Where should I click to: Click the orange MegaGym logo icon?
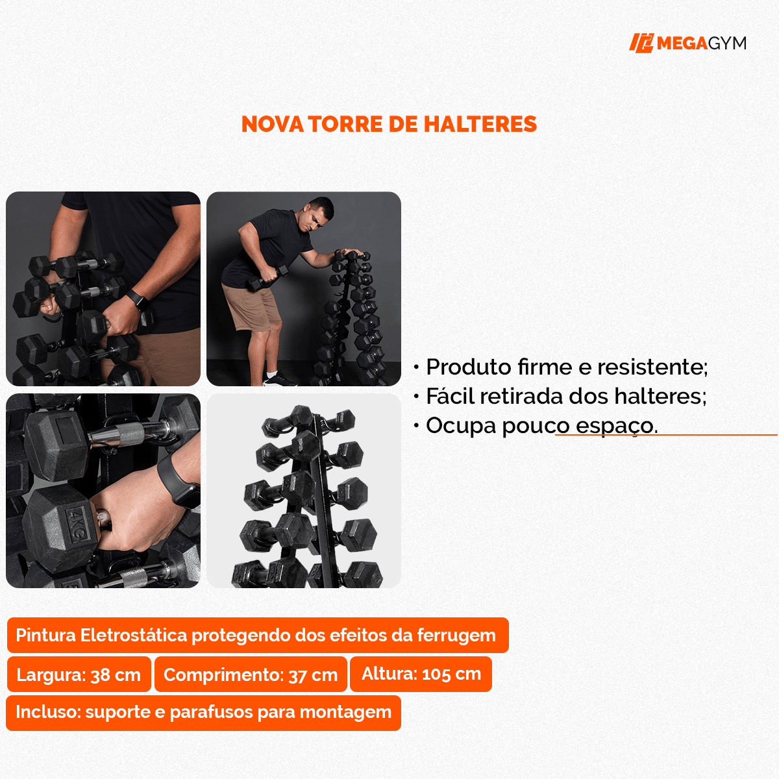pyautogui.click(x=641, y=43)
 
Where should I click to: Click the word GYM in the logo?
pyautogui.click(x=726, y=43)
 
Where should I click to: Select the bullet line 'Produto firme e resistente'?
pyautogui.click(x=565, y=367)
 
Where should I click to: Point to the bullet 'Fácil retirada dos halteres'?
pyautogui.click(x=565, y=396)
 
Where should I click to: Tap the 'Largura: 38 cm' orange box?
pyautogui.click(x=79, y=674)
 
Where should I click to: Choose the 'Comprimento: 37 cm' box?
pyautogui.click(x=251, y=674)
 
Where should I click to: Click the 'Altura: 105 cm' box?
pyautogui.click(x=421, y=674)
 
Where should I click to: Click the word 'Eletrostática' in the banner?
pyautogui.click(x=134, y=635)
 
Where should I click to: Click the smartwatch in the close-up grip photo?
pyautogui.click(x=179, y=481)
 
